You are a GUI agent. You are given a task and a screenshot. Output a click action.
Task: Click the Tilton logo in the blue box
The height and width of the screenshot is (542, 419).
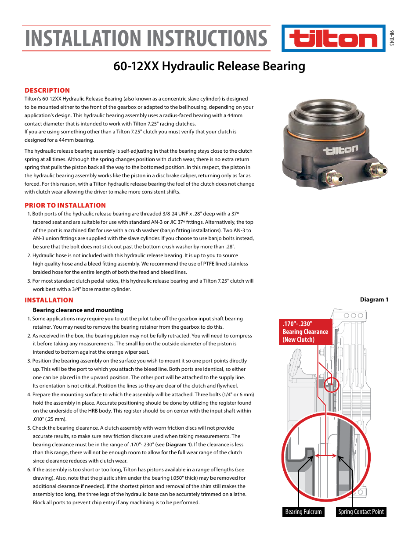(x=333, y=39)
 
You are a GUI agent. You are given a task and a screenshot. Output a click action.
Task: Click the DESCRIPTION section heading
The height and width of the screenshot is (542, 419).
(x=47, y=90)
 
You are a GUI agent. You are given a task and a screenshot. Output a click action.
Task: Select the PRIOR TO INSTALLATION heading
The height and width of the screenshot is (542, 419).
(x=65, y=205)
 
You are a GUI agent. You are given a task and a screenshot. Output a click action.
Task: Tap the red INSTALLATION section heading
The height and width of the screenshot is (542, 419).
(x=49, y=300)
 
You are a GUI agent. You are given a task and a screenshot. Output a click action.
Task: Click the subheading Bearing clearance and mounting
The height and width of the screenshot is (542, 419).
(x=78, y=310)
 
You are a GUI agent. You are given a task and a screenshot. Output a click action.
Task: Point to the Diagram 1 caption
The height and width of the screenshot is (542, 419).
(x=374, y=300)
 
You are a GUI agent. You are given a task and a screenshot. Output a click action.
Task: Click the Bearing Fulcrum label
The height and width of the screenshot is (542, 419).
(x=303, y=512)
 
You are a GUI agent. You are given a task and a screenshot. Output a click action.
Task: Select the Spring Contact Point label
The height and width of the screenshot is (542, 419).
(x=361, y=512)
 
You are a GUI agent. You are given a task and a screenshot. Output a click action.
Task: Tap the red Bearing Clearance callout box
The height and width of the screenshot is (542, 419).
(x=305, y=332)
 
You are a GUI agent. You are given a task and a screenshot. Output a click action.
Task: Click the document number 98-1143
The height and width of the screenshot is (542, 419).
(x=392, y=38)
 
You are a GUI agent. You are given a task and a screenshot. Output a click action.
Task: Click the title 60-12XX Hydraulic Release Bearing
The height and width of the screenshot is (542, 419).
(x=209, y=66)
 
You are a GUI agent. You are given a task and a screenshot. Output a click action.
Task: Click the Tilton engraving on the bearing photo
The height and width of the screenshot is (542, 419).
(x=341, y=150)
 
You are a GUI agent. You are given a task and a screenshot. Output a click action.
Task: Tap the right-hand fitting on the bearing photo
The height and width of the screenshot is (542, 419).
(x=377, y=169)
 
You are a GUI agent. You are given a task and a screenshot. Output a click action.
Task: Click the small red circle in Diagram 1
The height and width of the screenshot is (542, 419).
(x=332, y=385)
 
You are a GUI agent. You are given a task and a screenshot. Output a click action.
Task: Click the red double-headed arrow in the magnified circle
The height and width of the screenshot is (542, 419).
(x=325, y=456)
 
